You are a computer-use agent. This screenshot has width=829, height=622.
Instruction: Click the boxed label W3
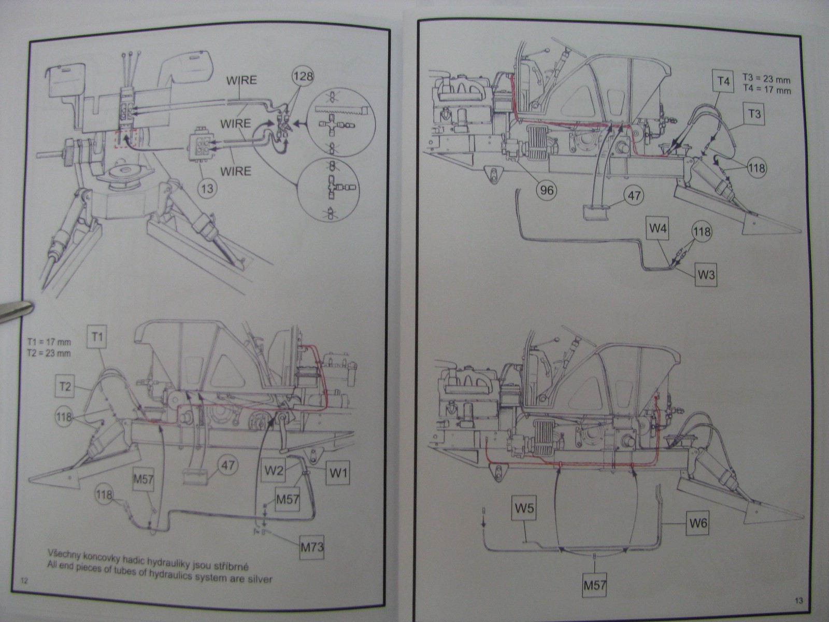coord(706,274)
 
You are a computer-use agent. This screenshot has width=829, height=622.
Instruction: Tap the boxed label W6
coord(698,523)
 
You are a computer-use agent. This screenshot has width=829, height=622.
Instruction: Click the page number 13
coord(798,601)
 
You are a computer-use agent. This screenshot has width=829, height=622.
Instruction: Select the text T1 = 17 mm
coord(49,343)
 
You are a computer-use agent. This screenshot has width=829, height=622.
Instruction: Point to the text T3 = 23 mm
coord(767,81)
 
